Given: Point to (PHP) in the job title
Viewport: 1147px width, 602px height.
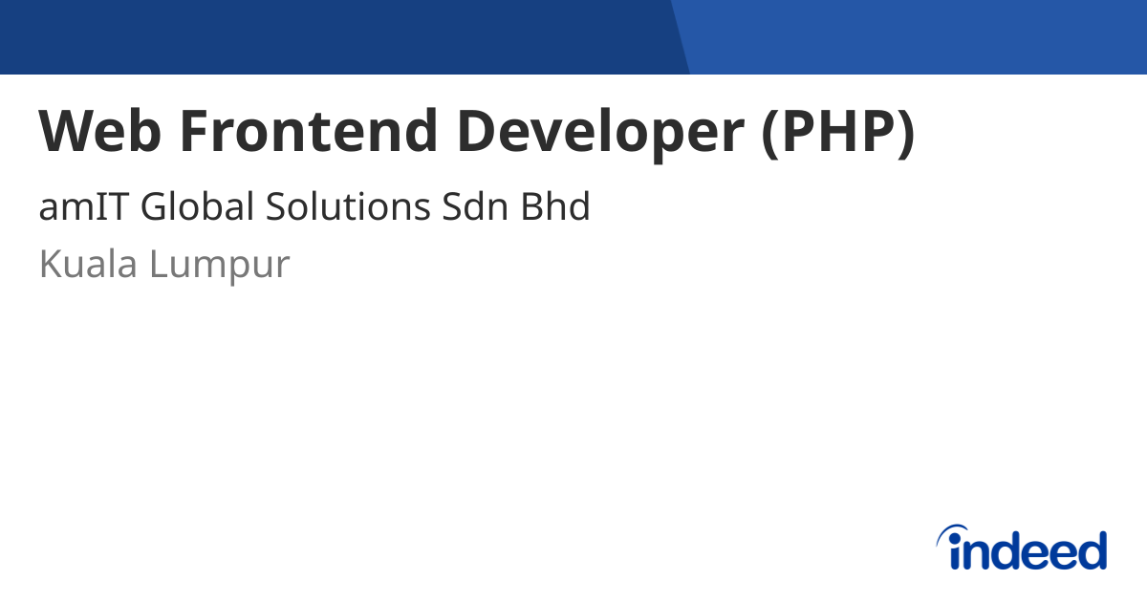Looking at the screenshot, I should click(x=837, y=133).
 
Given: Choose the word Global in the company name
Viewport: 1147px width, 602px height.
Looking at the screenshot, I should click(x=197, y=206).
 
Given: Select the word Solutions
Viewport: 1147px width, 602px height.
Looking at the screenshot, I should click(x=348, y=206).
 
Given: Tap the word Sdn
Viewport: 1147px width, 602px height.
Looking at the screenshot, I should click(x=475, y=206).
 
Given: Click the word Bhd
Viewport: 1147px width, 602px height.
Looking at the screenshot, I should click(x=555, y=206).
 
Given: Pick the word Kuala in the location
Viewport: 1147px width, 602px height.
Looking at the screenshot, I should click(x=87, y=264).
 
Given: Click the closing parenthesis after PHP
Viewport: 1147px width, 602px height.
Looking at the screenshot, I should click(x=905, y=133).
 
